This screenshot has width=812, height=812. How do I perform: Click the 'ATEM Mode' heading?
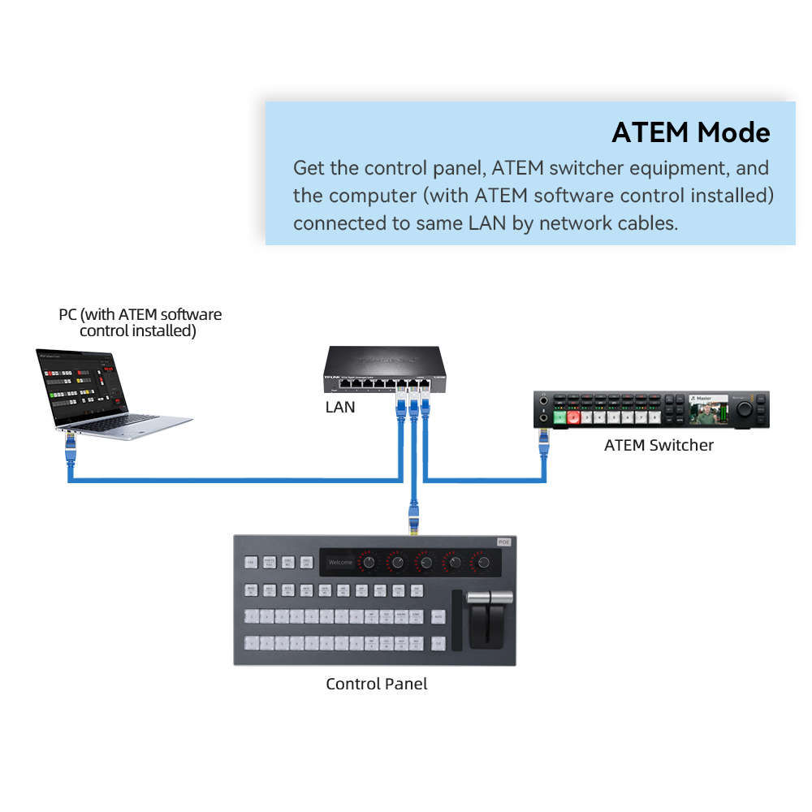[x=690, y=132]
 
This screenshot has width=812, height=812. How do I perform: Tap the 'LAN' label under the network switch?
[x=340, y=407]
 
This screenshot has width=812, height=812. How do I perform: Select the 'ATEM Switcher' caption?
[x=659, y=445]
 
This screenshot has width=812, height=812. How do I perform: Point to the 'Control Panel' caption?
[x=376, y=684]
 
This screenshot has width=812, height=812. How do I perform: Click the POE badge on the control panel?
[x=504, y=542]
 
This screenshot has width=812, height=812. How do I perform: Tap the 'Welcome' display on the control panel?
[x=340, y=562]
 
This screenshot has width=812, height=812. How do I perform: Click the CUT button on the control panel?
[x=438, y=642]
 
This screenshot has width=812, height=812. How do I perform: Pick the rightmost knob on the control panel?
[x=484, y=562]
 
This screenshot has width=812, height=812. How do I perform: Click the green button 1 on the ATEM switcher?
[x=560, y=417]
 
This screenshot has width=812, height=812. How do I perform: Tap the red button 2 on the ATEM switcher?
[x=574, y=417]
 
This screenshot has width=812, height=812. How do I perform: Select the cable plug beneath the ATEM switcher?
[x=542, y=440]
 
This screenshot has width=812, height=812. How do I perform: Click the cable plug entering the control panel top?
[x=414, y=520]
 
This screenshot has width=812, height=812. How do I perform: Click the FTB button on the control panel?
[x=251, y=562]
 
